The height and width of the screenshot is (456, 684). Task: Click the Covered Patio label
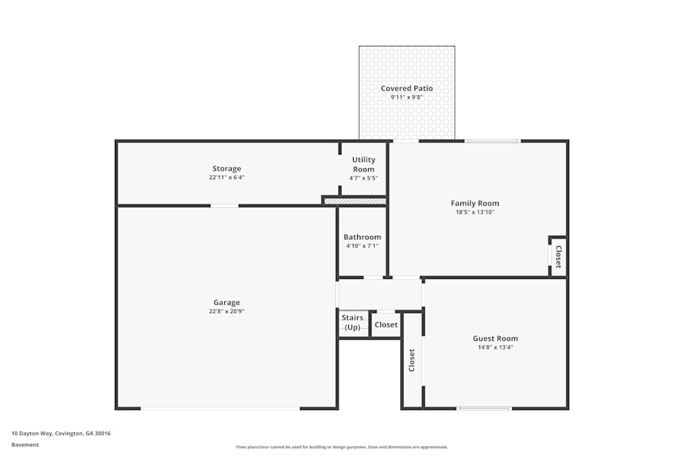tap(407, 88)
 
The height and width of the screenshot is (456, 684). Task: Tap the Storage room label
tap(226, 169)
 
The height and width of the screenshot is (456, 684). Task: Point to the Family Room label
tap(475, 203)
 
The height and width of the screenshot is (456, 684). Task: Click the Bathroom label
tap(363, 237)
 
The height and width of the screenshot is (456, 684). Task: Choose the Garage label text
tap(226, 302)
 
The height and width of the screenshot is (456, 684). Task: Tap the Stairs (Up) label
tap(352, 323)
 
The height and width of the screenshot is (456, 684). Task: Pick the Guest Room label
tap(495, 338)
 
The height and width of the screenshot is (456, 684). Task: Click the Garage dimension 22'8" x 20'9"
tap(226, 312)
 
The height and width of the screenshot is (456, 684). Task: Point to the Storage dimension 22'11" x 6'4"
tap(226, 178)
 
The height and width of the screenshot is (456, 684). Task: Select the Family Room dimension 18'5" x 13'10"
tap(475, 213)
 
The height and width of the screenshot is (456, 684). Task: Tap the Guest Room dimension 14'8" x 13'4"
tap(495, 347)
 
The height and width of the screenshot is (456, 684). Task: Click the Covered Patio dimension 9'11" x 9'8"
tap(407, 98)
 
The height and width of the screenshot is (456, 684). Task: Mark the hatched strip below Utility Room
tap(355, 202)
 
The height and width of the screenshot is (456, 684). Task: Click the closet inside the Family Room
tap(558, 256)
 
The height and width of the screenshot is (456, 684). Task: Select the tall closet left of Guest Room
tap(412, 360)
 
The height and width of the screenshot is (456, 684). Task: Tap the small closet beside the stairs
tap(386, 325)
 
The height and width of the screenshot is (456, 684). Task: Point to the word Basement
tap(25, 444)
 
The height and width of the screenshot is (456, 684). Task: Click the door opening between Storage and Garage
tap(224, 205)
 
